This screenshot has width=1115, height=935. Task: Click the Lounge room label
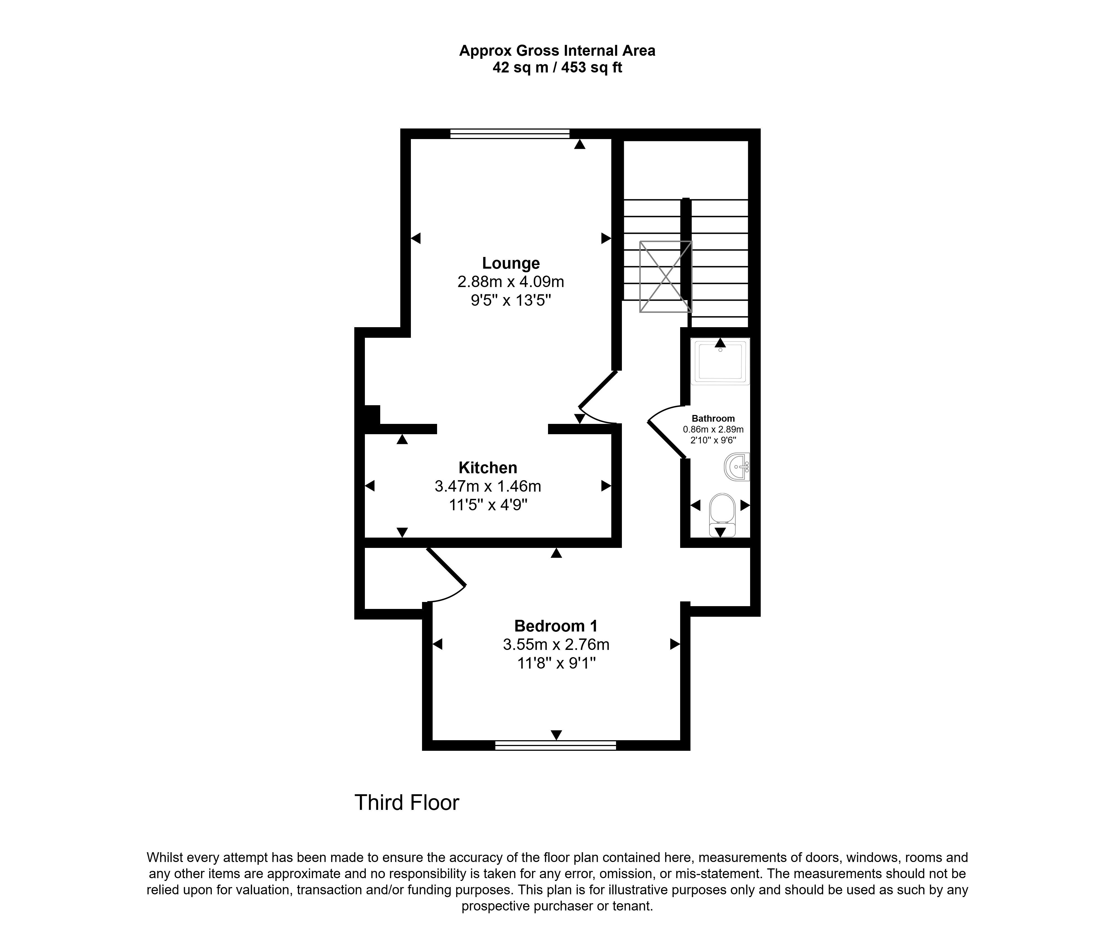[x=511, y=263]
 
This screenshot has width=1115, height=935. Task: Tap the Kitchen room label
[x=488, y=468]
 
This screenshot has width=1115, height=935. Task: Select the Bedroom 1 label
[x=556, y=626]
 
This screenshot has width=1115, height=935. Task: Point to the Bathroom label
[x=713, y=418]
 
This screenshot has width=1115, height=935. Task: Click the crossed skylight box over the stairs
[x=666, y=277]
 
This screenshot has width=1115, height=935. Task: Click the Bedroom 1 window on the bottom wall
[x=555, y=745]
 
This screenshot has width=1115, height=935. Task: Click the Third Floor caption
[x=407, y=803]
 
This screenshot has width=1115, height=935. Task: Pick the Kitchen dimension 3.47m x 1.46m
[x=488, y=486]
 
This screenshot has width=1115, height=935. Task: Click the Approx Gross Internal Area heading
[x=557, y=51]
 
